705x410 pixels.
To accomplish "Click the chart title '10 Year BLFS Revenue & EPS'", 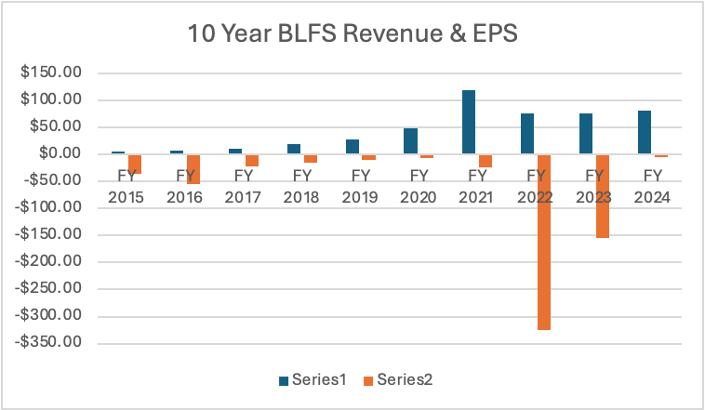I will click(x=352, y=34).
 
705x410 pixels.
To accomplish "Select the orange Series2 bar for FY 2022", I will click(x=543, y=242).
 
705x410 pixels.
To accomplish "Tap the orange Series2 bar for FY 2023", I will click(x=602, y=196).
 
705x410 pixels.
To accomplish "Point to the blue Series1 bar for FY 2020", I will click(x=411, y=140).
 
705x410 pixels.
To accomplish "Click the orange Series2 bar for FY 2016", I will click(x=193, y=169).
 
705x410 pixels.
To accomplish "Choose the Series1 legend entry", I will click(x=313, y=379).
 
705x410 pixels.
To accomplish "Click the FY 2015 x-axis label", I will click(x=126, y=186).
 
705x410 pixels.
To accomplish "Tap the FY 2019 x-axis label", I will click(x=359, y=186).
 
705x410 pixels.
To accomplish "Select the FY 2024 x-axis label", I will click(x=651, y=186).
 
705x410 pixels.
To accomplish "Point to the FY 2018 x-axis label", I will click(x=300, y=186).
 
